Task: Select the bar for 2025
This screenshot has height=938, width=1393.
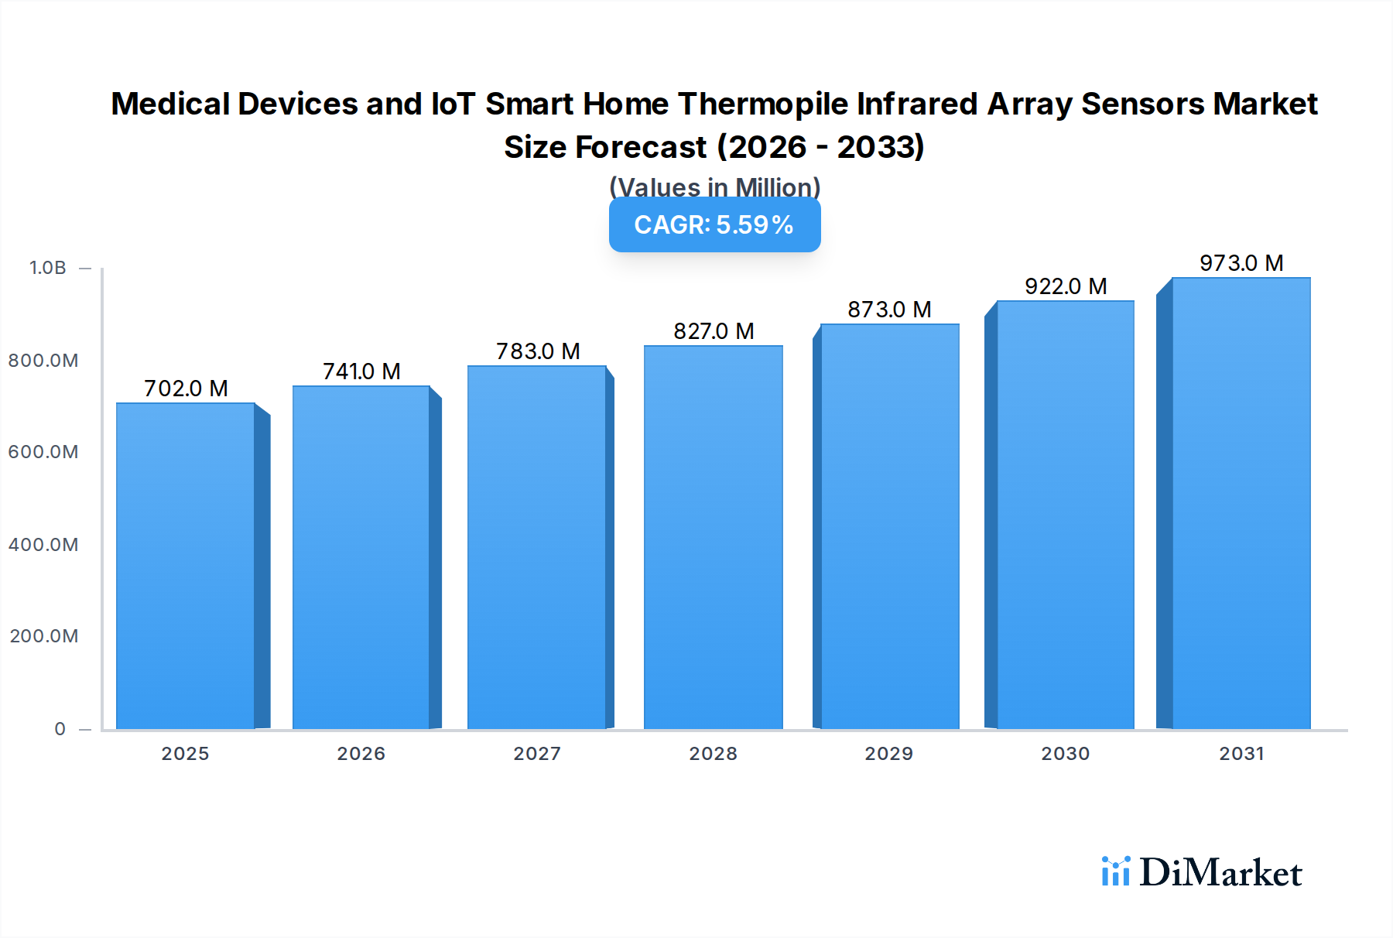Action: [186, 566]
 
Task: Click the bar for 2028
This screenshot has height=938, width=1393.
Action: [713, 537]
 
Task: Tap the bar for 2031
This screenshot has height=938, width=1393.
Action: [1241, 503]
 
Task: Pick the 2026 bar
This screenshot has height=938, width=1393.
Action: [361, 557]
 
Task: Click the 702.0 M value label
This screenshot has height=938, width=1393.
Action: [186, 388]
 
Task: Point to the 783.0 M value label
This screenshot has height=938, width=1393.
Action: [538, 351]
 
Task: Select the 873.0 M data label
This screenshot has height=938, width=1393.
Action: [889, 310]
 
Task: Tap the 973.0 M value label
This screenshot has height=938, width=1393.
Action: [1241, 263]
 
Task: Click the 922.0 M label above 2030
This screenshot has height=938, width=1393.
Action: [1066, 286]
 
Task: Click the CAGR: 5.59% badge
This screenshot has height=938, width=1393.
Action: [714, 224]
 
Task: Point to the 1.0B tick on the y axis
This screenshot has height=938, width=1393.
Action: [47, 268]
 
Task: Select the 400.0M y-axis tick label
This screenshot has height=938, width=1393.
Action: [43, 544]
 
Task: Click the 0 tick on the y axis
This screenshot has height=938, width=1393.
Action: [60, 728]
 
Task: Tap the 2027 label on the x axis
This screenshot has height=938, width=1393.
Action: [537, 753]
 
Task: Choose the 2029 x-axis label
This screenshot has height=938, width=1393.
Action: [888, 753]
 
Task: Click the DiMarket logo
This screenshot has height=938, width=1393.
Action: [1202, 872]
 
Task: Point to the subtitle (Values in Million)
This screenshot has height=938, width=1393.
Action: [714, 187]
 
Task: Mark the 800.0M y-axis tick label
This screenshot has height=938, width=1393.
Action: [43, 360]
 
